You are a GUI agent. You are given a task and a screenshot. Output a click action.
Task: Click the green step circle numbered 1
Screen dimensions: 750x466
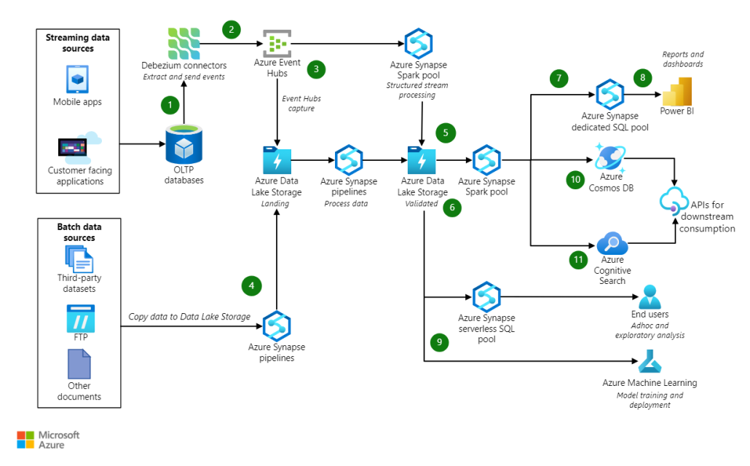(x=170, y=105)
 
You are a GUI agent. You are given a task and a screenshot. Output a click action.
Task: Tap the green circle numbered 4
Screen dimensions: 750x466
(x=252, y=286)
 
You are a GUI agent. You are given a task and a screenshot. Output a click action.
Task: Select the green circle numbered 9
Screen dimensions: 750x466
(x=439, y=342)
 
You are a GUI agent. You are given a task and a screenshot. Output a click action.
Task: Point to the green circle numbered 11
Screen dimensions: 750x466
(x=578, y=260)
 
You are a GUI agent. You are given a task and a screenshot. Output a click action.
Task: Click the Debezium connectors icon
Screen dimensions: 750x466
(x=183, y=44)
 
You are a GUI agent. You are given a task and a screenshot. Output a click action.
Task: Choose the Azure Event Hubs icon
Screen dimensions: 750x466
(x=277, y=44)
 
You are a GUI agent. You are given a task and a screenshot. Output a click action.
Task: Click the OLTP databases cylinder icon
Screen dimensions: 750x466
(x=183, y=144)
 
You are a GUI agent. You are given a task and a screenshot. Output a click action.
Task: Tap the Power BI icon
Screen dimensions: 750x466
(x=676, y=92)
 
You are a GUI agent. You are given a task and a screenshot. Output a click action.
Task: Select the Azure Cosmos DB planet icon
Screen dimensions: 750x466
(x=610, y=157)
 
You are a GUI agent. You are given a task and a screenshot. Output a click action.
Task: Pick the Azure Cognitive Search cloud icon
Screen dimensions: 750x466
(x=612, y=243)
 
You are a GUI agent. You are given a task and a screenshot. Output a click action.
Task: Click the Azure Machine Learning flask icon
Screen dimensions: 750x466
(x=650, y=361)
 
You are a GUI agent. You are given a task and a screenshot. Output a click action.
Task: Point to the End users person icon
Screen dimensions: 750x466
(x=650, y=296)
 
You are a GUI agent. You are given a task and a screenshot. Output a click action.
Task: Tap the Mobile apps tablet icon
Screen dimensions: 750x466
(x=77, y=79)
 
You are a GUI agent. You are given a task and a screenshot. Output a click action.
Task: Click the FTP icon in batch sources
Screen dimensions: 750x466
(x=80, y=318)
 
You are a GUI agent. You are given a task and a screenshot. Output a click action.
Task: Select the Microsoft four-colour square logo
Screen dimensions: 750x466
(x=25, y=440)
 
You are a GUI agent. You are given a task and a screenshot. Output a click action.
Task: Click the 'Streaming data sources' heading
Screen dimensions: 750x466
(x=77, y=43)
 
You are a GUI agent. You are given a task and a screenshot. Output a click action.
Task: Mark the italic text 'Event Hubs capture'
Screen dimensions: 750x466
(x=301, y=103)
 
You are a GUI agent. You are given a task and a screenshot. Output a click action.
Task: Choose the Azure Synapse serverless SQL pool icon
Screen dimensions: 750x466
(x=486, y=296)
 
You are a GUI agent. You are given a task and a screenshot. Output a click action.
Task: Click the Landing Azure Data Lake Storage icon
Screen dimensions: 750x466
(x=277, y=159)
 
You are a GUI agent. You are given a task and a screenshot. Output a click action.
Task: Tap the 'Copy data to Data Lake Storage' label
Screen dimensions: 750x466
(x=189, y=317)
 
